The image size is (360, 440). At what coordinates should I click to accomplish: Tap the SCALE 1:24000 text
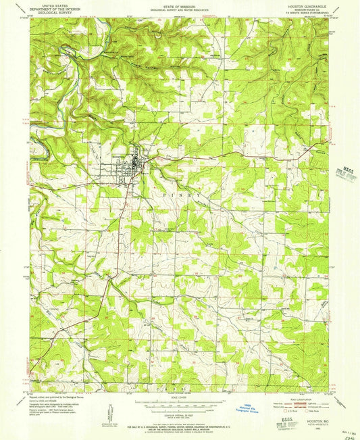click(x=180, y=396)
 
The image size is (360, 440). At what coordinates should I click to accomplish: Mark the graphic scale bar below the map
click(x=180, y=404)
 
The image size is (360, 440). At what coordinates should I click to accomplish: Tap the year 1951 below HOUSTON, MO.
click(x=317, y=426)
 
